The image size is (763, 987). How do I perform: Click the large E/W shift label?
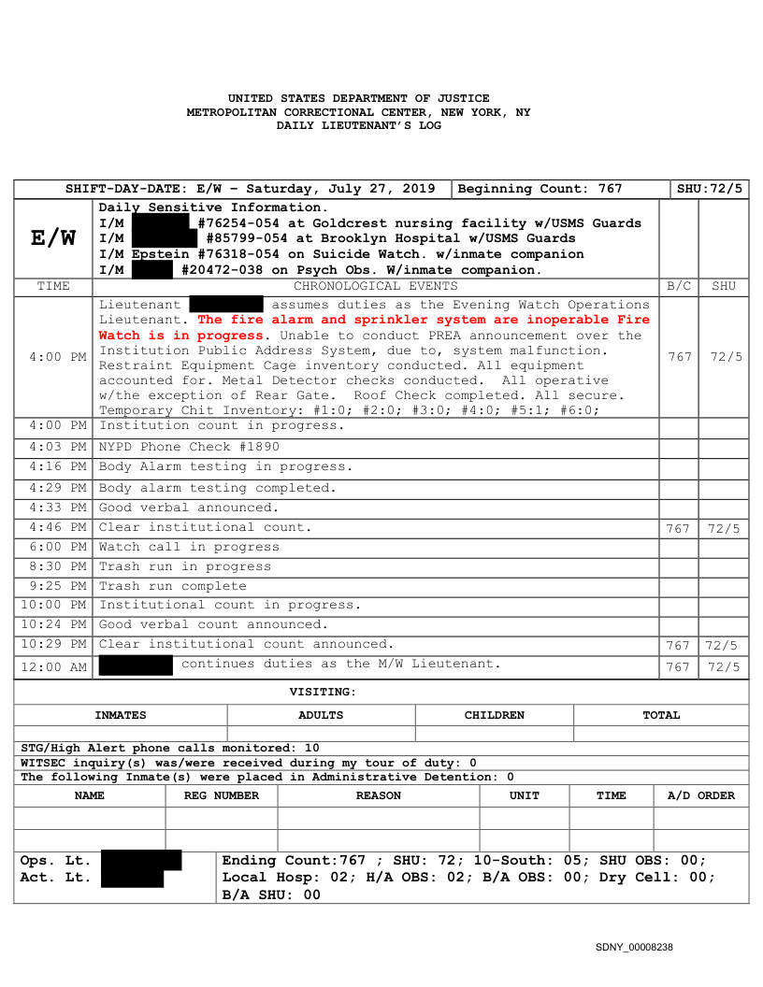[x=53, y=238]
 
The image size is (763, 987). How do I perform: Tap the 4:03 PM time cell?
[x=53, y=447]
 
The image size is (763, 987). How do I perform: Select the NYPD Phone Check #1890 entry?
[x=189, y=447]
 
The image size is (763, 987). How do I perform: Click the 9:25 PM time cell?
[x=53, y=586]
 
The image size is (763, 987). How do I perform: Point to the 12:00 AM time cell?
[x=53, y=666]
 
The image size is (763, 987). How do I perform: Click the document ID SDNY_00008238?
[x=634, y=948]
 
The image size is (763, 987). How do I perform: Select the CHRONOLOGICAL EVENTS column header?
[x=376, y=286]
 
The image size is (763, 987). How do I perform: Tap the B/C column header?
[x=679, y=286]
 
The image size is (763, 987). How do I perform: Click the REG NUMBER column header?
[x=222, y=795]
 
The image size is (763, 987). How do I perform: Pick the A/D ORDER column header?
[x=700, y=795]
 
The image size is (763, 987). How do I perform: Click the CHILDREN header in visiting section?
[x=494, y=715]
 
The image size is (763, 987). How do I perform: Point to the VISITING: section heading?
[x=323, y=692]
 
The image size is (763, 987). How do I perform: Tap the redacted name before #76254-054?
[x=163, y=222]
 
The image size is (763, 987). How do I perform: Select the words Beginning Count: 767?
[x=540, y=189]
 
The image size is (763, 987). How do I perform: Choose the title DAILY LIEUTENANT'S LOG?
[x=358, y=125]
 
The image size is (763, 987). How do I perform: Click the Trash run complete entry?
[x=173, y=586]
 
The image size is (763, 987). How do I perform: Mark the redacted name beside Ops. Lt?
[x=140, y=860]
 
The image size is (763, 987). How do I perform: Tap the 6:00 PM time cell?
[x=53, y=547]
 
